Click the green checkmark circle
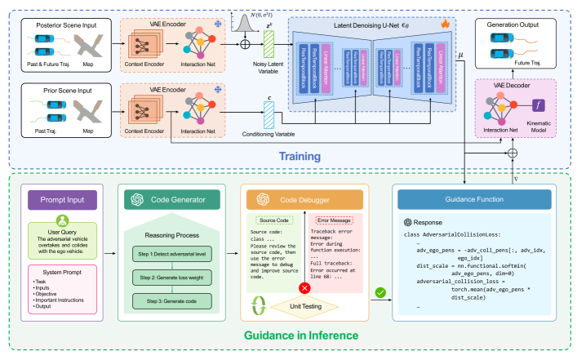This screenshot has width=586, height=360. [379, 291]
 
